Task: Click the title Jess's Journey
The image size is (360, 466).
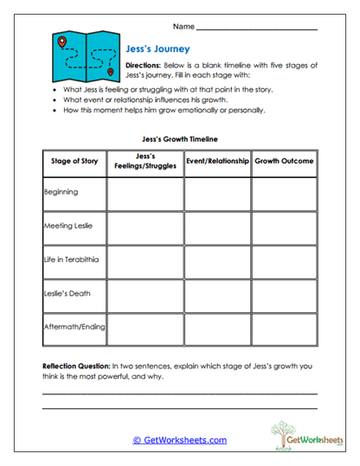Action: [157, 49]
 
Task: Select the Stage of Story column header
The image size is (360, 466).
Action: [74, 162]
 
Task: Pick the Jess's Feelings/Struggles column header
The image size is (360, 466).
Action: [145, 162]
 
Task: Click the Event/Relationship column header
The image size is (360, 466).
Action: [217, 162]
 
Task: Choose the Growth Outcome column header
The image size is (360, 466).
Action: [284, 162]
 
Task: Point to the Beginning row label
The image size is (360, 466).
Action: [61, 193]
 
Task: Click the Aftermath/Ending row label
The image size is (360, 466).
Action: [73, 329]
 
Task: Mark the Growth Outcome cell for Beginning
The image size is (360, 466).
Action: [284, 194]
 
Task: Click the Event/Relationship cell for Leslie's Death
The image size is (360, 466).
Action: [217, 295]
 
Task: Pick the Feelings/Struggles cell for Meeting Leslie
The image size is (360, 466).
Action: [145, 227]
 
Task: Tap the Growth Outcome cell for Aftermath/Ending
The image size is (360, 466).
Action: [284, 329]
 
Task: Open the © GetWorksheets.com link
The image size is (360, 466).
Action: [179, 440]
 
